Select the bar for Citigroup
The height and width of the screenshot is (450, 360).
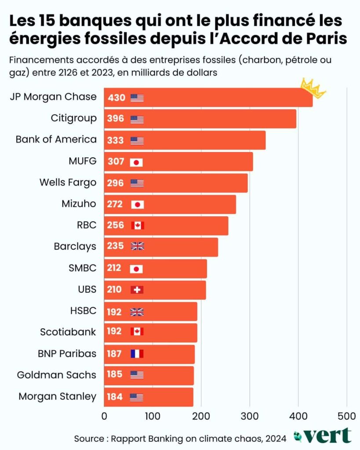tap(200, 119)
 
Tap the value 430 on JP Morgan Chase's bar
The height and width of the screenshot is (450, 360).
tap(116, 98)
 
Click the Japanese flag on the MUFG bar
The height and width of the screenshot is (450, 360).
tap(137, 162)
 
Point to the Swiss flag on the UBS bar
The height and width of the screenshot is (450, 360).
tap(137, 290)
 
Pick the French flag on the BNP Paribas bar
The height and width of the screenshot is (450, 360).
tap(137, 354)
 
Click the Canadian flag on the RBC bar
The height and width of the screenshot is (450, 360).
tap(137, 226)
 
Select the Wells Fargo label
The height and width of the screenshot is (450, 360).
tap(68, 183)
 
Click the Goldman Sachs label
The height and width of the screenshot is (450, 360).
tap(56, 375)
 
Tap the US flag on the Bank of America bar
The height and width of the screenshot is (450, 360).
tap(137, 141)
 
